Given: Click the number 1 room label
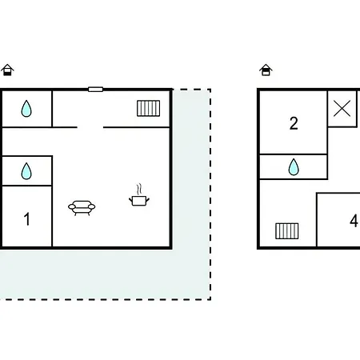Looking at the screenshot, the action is click(x=26, y=219).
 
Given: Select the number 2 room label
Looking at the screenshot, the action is click(x=294, y=123).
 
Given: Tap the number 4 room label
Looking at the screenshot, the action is click(x=354, y=221).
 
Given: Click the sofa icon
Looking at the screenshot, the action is click(x=82, y=208).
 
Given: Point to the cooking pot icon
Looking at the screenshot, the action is click(x=139, y=201).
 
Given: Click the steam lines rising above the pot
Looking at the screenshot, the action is click(x=138, y=189).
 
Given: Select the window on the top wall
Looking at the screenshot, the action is click(x=95, y=90).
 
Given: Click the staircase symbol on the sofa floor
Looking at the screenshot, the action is click(x=149, y=108).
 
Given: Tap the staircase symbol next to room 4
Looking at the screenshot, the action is click(x=287, y=231).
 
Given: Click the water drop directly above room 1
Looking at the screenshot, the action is click(x=26, y=171).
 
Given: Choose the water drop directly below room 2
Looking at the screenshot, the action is click(x=294, y=167).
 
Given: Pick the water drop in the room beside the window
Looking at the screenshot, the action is click(x=26, y=108).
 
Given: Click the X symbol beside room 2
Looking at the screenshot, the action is click(x=342, y=109).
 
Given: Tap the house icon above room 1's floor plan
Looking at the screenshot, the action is click(x=7, y=70).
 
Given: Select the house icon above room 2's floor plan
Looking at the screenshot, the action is click(x=266, y=70).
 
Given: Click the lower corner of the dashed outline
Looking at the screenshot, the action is click(x=210, y=299).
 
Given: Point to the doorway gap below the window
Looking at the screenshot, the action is click(x=90, y=127).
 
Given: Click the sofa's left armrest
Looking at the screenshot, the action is click(x=72, y=206).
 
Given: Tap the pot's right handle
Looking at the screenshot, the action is click(x=147, y=199).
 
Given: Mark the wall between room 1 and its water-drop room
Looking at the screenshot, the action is click(x=27, y=186).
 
